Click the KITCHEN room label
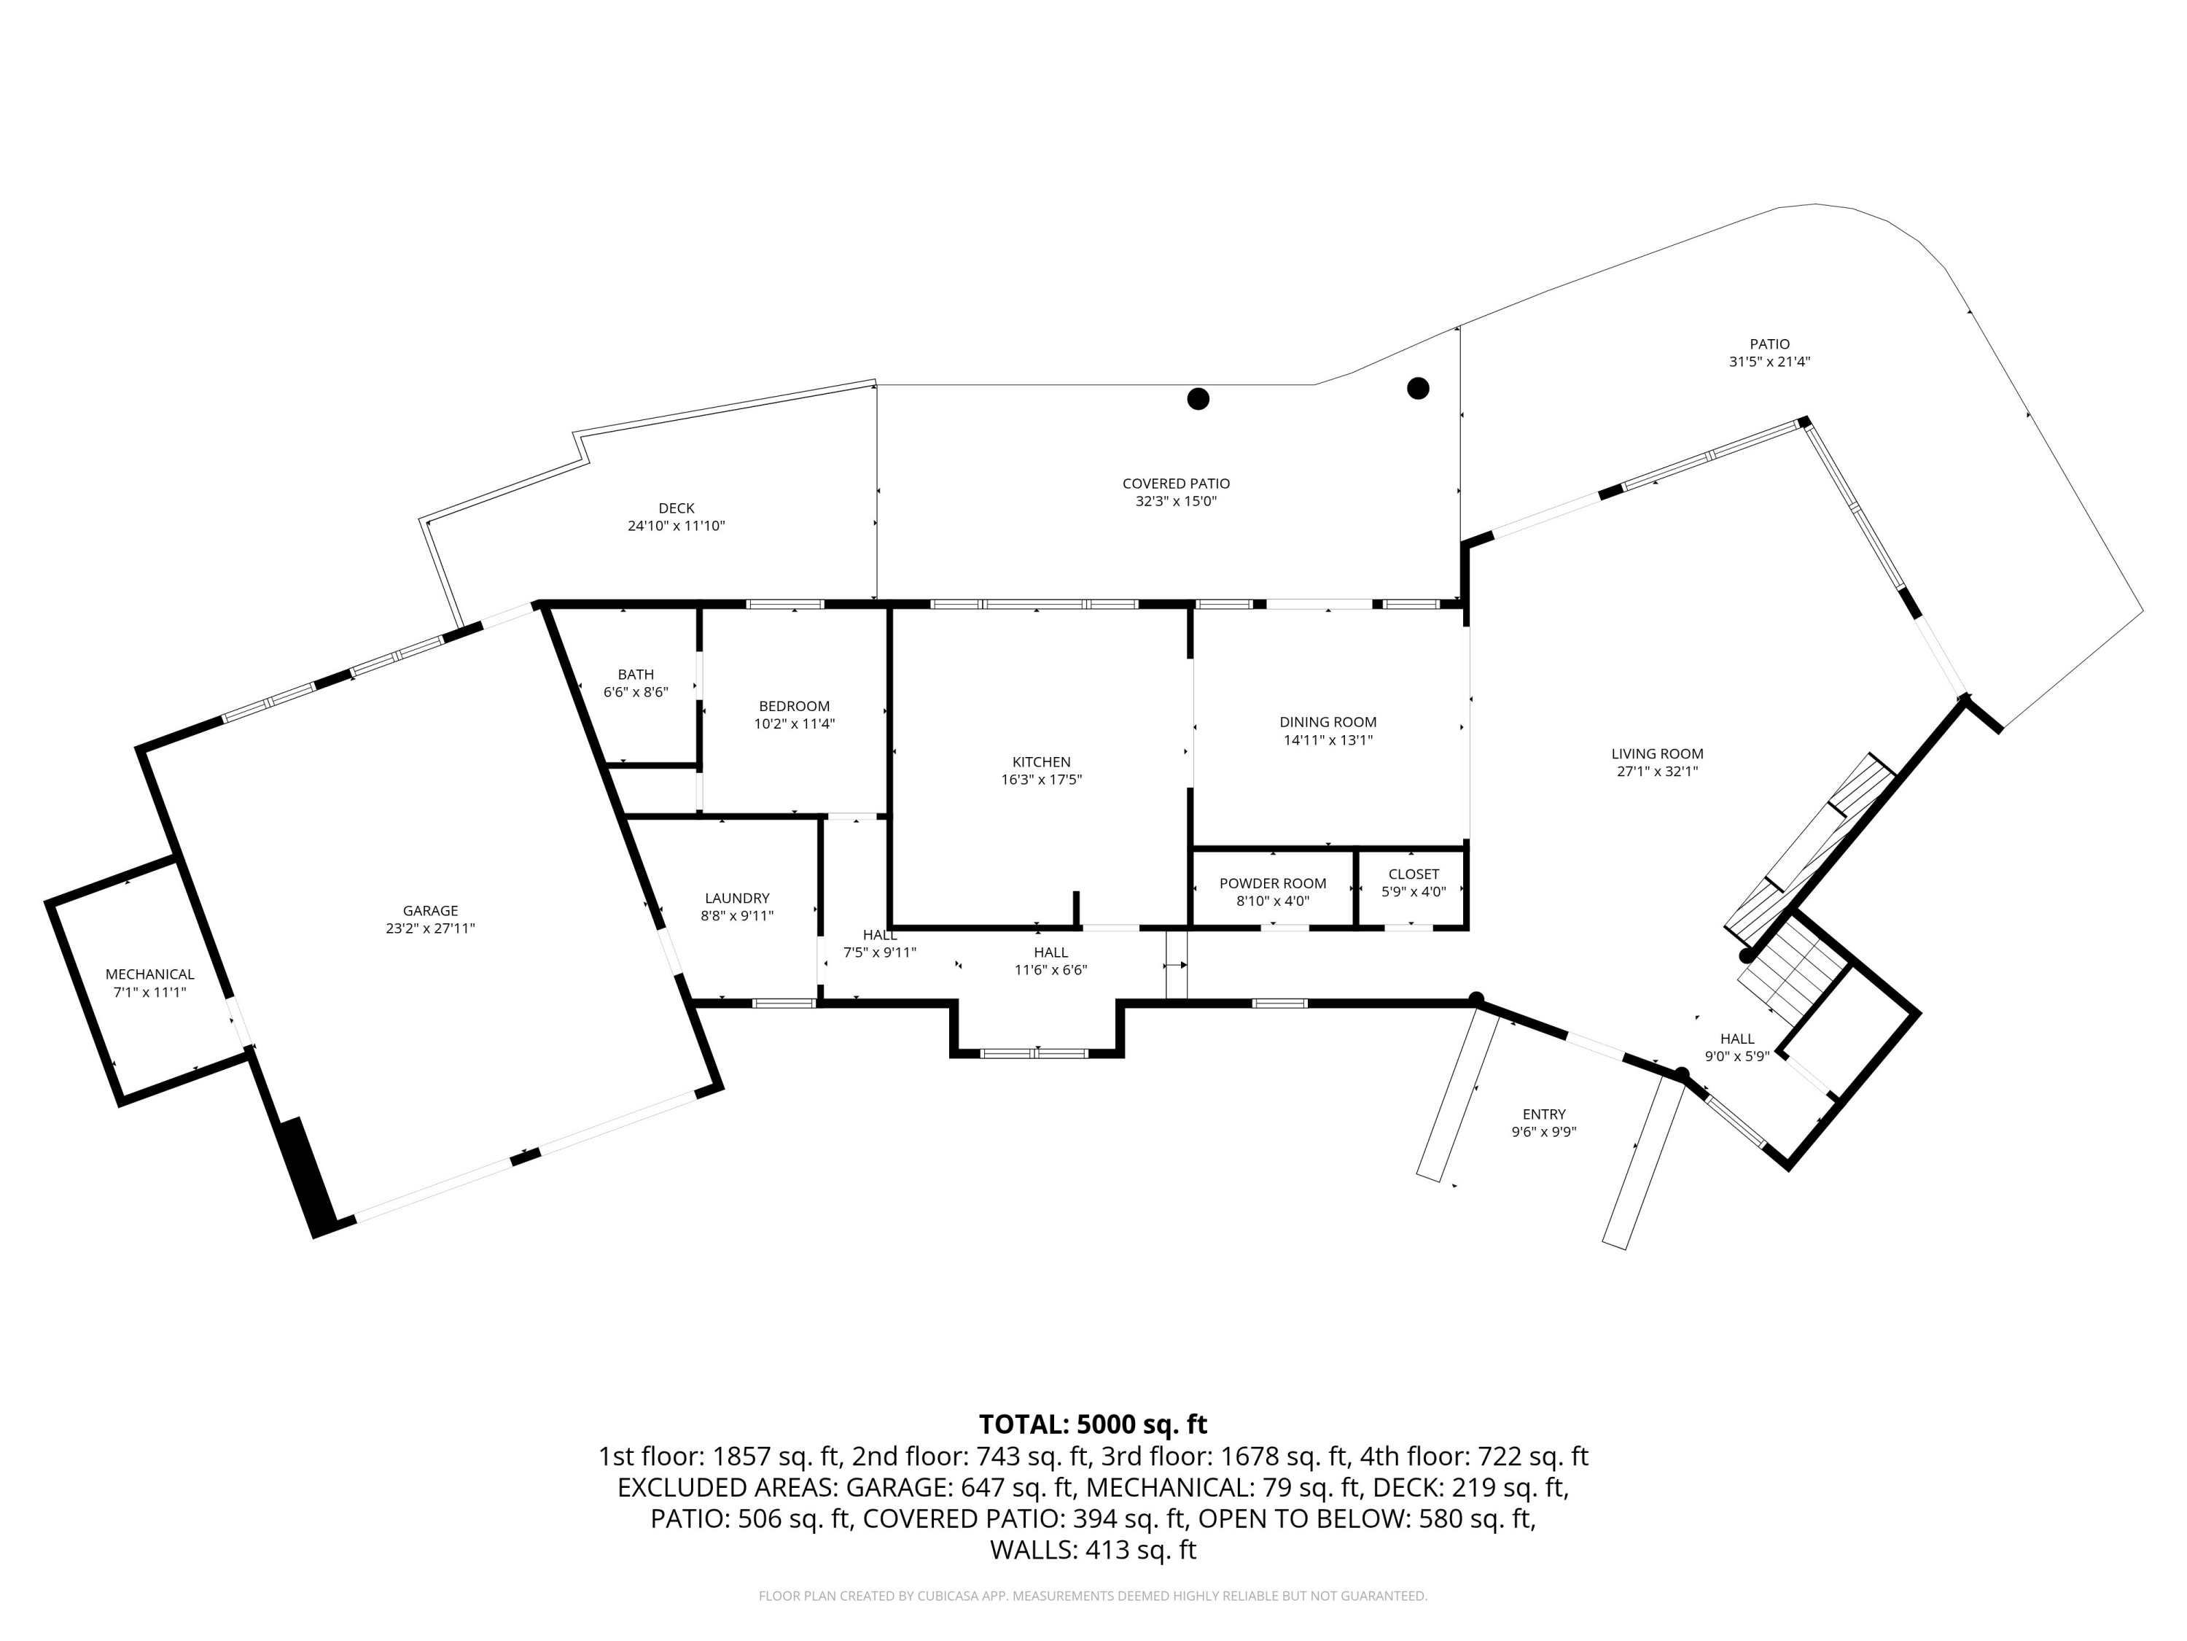pyautogui.click(x=1041, y=761)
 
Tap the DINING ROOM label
pyautogui.click(x=1328, y=722)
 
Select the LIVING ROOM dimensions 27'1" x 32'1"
pyautogui.click(x=1657, y=772)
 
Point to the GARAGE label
pyautogui.click(x=430, y=911)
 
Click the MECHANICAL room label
pyautogui.click(x=150, y=974)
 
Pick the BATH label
pyautogui.click(x=636, y=675)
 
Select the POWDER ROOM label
pyautogui.click(x=1272, y=883)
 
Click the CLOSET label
pyautogui.click(x=1414, y=874)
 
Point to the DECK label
pyautogui.click(x=677, y=508)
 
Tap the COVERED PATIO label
pyautogui.click(x=1176, y=484)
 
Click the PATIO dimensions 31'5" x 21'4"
pyautogui.click(x=1770, y=362)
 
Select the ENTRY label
pyautogui.click(x=1543, y=1114)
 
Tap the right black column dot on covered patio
pyautogui.click(x=1418, y=388)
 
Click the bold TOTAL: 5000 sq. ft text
pyautogui.click(x=1093, y=1424)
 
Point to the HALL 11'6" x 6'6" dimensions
pyautogui.click(x=1051, y=970)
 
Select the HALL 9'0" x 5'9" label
pyautogui.click(x=1737, y=1039)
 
